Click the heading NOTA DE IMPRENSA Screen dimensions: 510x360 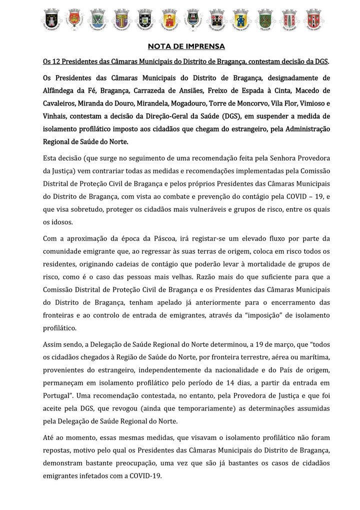coord(186,47)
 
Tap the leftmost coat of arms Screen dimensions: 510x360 coord(51,20)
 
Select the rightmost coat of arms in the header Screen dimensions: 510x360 coord(313,20)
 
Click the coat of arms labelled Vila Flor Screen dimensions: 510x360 coord(266,20)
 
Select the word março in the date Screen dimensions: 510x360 coord(263,345)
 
